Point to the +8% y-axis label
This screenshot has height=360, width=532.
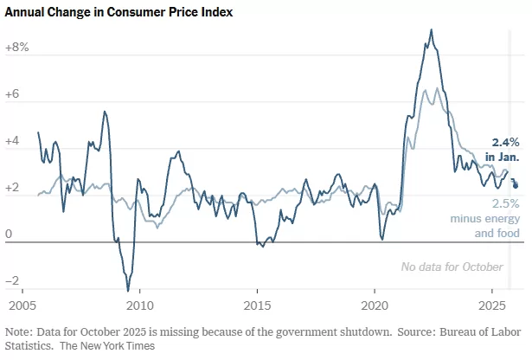point(17,48)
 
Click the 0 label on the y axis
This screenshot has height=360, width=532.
point(8,234)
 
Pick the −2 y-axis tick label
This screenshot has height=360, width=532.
point(12,281)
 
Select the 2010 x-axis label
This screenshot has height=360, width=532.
point(139,306)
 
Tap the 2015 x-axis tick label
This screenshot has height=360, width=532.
point(257,306)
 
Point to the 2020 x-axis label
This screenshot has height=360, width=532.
point(375,306)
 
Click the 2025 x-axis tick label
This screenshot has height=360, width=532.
point(492,306)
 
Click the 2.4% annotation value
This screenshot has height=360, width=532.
point(505,142)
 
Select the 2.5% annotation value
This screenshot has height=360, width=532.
point(505,203)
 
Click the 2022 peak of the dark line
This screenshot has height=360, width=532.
point(431,30)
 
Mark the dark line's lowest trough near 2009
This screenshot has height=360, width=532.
point(128,290)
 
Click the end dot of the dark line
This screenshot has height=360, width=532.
point(516,184)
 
